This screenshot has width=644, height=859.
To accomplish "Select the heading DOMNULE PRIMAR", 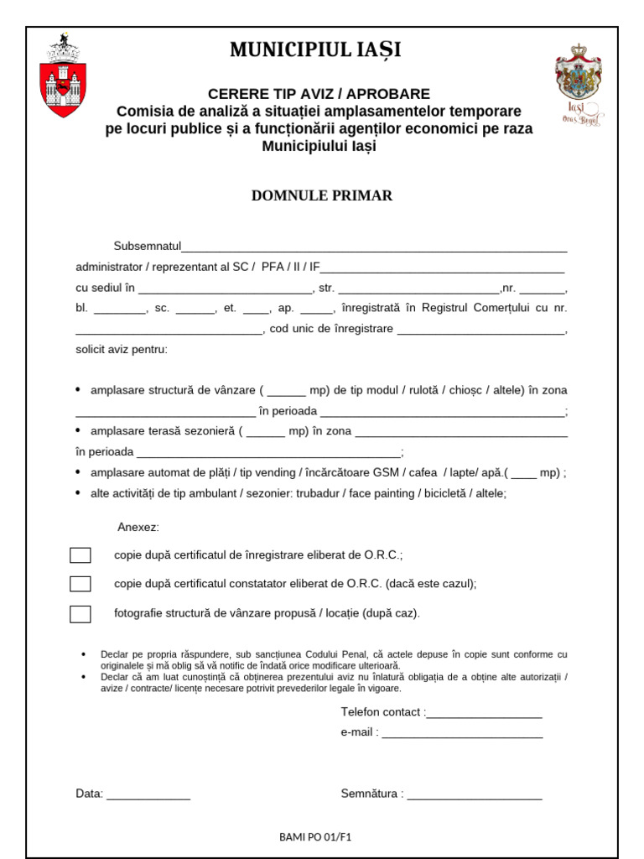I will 322,195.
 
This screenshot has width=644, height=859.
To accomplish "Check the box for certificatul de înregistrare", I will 80,555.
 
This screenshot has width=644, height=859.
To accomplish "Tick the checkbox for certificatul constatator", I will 80,584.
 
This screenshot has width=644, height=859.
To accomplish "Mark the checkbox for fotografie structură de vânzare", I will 80,614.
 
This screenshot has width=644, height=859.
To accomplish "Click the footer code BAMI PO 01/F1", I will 315,837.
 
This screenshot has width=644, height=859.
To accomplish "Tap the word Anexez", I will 138,527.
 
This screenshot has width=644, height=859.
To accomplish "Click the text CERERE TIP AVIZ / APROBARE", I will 319,94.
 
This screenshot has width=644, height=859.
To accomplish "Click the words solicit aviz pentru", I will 122,349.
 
